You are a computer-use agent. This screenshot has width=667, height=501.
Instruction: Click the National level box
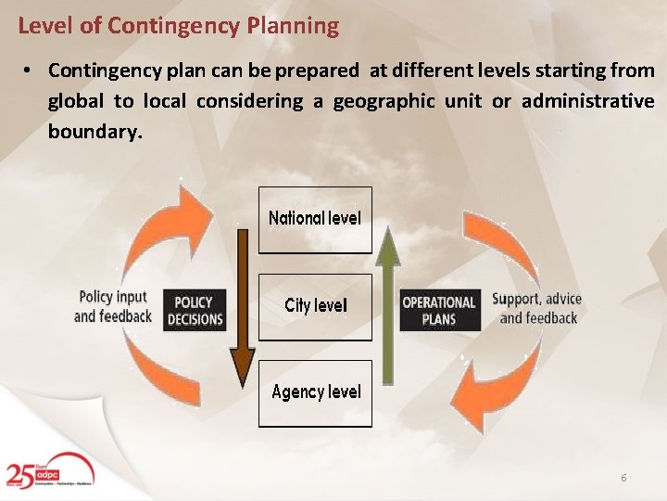(315, 220)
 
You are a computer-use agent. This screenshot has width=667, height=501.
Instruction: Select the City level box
(315, 306)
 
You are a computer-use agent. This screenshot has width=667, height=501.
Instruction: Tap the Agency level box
(315, 393)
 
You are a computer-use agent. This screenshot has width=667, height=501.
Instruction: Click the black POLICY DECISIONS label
(195, 311)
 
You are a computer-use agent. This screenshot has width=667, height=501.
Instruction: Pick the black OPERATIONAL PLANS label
(438, 311)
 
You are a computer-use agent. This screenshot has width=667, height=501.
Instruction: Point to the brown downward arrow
(242, 306)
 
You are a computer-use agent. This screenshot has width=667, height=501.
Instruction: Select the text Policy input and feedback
(113, 306)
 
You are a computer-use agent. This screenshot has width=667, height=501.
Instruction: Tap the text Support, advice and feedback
(537, 308)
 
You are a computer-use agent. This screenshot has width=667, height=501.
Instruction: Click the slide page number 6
(623, 478)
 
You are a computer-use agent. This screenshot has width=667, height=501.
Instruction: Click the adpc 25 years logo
(46, 474)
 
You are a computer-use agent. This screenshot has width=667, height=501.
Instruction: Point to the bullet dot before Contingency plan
(30, 71)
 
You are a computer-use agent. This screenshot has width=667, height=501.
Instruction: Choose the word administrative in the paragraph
(587, 101)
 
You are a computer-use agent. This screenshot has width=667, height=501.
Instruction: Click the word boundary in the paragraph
(94, 131)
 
